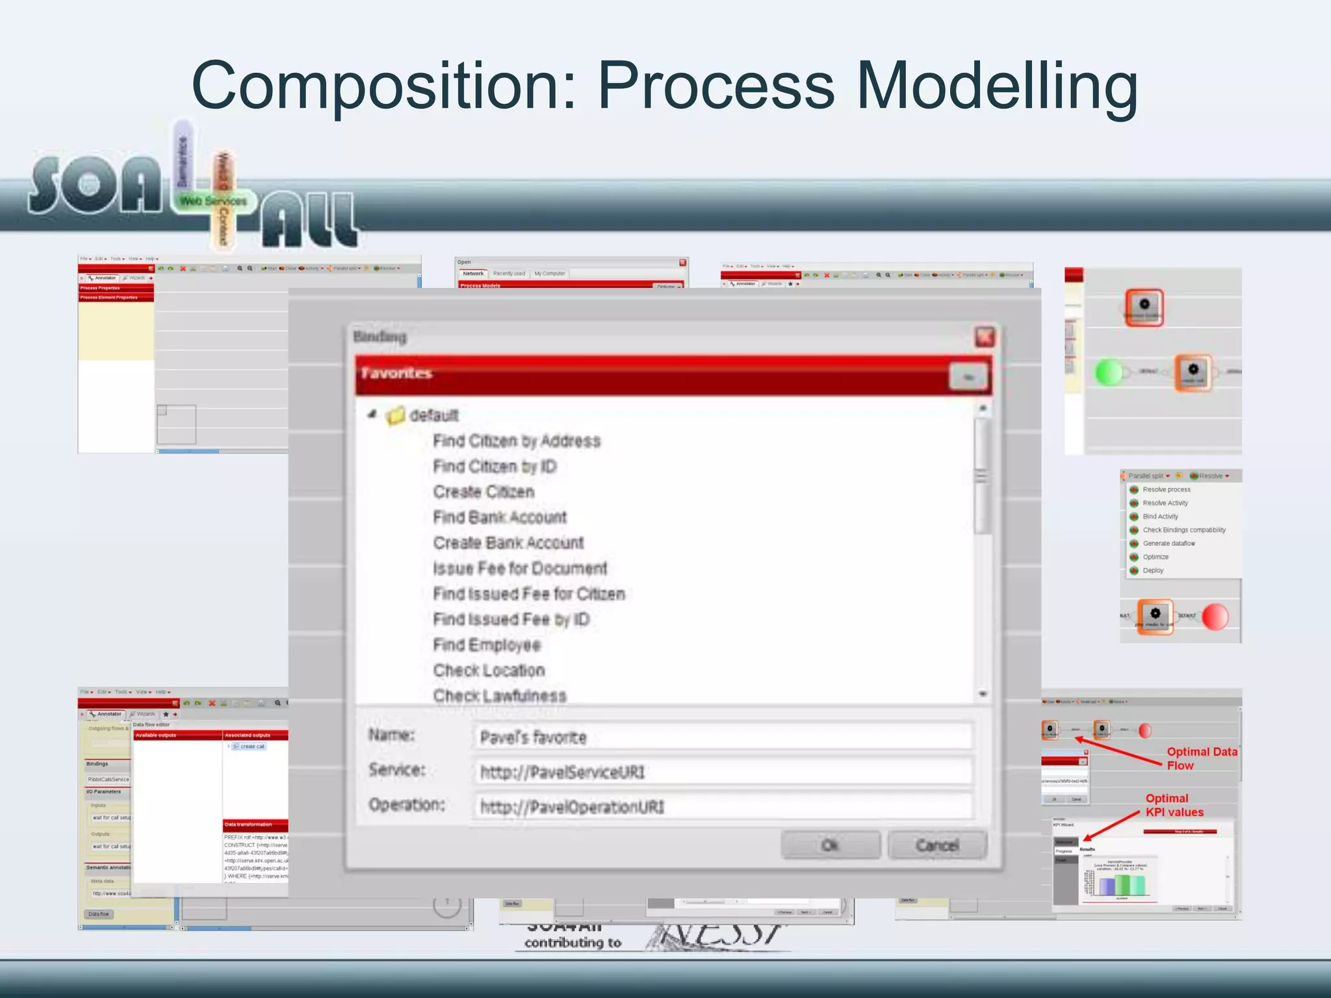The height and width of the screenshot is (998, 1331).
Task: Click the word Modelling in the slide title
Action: [x=997, y=86]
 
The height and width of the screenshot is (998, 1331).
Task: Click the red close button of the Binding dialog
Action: [x=985, y=337]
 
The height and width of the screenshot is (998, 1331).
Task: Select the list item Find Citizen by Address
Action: [x=517, y=441]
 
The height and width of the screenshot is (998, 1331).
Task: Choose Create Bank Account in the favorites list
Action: [x=508, y=543]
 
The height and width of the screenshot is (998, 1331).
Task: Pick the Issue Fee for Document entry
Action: [x=520, y=569]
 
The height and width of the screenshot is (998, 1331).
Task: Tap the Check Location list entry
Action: [x=489, y=670]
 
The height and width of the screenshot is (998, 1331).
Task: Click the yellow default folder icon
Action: [x=395, y=415]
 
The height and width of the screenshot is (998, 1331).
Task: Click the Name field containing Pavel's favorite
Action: [x=721, y=737]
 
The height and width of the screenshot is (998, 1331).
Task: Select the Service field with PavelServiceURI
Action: [x=721, y=772]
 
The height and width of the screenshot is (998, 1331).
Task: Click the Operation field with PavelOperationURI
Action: [x=721, y=807]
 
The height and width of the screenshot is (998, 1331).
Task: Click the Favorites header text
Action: [x=396, y=373]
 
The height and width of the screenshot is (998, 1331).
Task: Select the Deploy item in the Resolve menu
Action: [x=1153, y=570]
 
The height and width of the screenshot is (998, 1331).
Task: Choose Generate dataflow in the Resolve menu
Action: [x=1169, y=543]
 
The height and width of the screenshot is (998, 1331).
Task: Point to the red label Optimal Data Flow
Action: [x=1201, y=758]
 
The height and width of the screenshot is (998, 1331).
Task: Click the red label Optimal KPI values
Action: [x=1174, y=805]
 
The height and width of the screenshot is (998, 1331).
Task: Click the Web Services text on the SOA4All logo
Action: [x=213, y=201]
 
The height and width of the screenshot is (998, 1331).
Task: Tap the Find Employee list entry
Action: [x=487, y=645]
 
